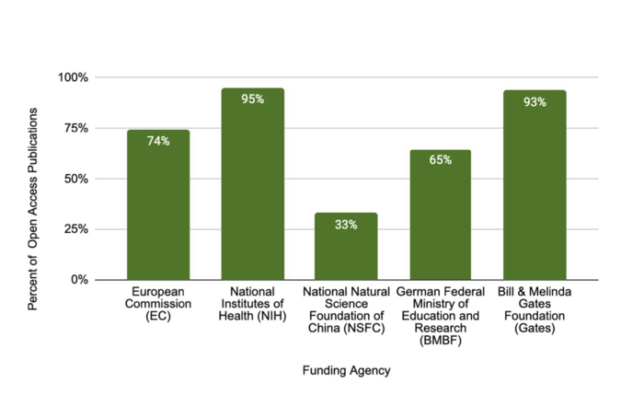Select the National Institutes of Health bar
pos(252,184)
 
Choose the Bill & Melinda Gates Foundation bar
pos(534,185)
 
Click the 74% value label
pos(158,141)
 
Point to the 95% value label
pos(252,99)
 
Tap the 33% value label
pos(346,225)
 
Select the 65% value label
pos(440,160)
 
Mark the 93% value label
pos(534,102)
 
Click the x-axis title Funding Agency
pos(346,370)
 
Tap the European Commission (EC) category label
pos(158,304)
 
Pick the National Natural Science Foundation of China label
pos(346,310)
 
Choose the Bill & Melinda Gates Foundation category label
pos(534,310)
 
